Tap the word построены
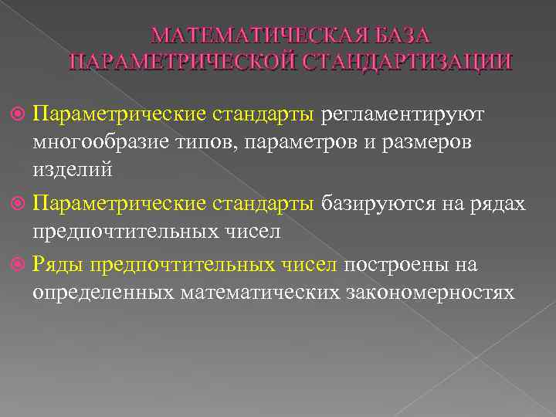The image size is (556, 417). [x=394, y=265]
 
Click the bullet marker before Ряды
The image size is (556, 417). [x=20, y=265]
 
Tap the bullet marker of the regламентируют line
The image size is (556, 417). [x=20, y=114]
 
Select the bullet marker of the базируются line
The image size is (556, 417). [x=20, y=203]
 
